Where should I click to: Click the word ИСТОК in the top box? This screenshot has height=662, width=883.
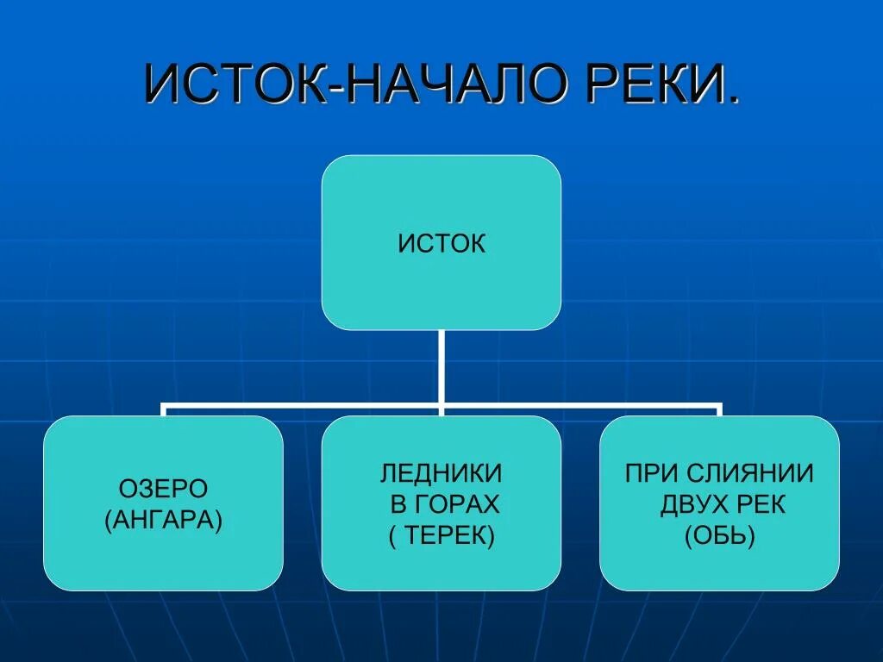point(441,244)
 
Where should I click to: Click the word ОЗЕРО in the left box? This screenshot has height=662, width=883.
point(163,489)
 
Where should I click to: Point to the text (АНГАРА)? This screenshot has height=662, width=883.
point(163,521)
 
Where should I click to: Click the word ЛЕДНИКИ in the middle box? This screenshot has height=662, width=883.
point(441,472)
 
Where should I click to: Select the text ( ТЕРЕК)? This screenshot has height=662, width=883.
point(441,536)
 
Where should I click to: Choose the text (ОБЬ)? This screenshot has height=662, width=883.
point(720,536)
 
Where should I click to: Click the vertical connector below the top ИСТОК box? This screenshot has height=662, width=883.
point(441,366)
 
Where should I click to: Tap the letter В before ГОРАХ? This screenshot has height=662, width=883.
point(398,504)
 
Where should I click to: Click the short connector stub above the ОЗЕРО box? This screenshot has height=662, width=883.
point(163,409)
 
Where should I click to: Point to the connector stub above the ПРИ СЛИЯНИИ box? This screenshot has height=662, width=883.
point(719,409)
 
